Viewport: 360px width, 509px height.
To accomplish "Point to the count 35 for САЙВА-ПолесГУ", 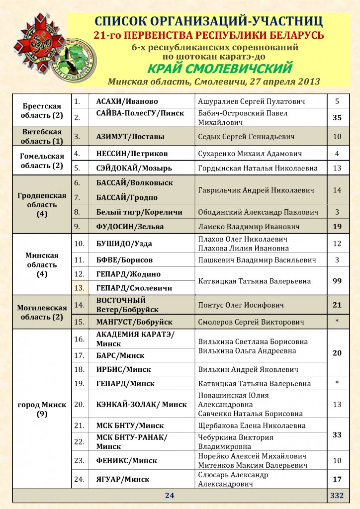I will (x=337, y=118).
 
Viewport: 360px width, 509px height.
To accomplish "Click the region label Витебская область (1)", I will (x=43, y=136).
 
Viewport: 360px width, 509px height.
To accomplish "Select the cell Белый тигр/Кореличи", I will (x=139, y=212).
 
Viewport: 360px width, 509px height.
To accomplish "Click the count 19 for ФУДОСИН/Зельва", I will (x=337, y=227).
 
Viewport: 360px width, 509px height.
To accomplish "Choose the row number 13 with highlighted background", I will (x=79, y=288).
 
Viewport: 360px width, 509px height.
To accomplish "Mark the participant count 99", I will (x=337, y=281).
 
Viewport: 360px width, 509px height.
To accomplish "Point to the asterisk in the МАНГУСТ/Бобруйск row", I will (x=337, y=322).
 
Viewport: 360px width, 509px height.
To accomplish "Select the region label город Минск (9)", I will (x=43, y=409).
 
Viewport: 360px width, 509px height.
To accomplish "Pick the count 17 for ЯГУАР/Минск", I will (x=337, y=480).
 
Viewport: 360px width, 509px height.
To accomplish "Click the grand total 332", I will (x=337, y=496).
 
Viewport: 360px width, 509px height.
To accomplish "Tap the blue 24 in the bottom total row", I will (x=169, y=496).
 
